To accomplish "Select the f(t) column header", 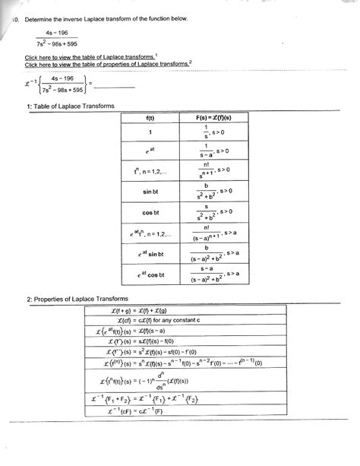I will tap(149, 119).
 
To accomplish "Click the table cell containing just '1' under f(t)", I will tap(149, 132).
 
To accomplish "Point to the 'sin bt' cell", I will tap(149, 192).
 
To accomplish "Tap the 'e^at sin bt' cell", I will tap(149, 252).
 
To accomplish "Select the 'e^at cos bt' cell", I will tap(149, 274).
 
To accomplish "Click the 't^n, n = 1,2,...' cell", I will tap(149, 171).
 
